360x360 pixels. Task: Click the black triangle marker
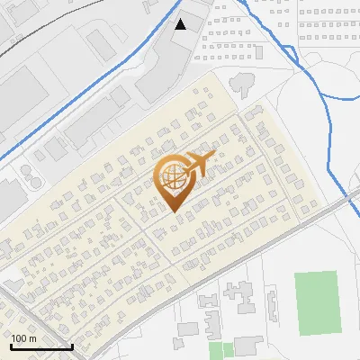point(181,23)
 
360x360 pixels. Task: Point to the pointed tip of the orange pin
point(173,211)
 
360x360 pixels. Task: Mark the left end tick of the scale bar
point(11,345)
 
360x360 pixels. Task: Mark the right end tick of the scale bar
point(72,345)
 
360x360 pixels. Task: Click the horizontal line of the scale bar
point(41,346)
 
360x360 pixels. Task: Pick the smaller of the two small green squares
point(215,348)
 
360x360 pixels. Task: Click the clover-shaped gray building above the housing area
point(242,84)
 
